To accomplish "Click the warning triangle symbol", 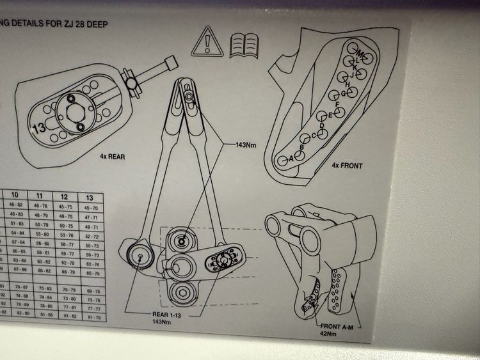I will tap(211, 41).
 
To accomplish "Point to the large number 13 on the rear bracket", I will tap(38, 127).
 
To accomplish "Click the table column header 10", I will tap(14, 194).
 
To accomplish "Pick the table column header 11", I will tap(39, 195).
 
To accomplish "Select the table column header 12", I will tap(64, 196).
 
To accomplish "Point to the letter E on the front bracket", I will tap(330, 115).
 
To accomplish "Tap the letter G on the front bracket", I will tap(344, 93).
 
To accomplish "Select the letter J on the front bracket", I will tap(351, 75).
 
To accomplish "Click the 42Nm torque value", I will tap(328, 333).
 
